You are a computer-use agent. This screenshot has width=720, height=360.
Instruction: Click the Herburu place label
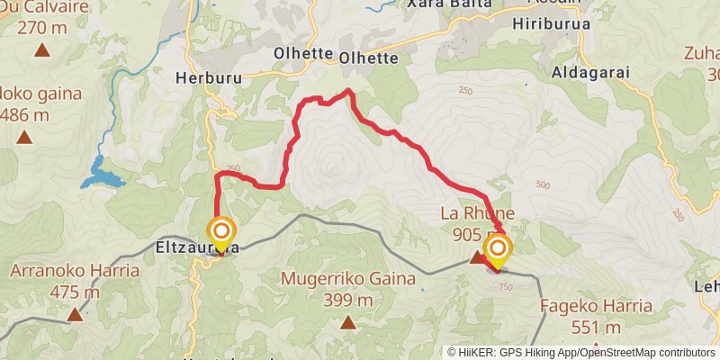pos(211,78)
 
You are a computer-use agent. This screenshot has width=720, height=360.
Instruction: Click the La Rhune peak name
pos(477,213)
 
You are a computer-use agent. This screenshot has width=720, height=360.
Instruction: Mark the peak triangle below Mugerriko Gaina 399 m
pos(347,321)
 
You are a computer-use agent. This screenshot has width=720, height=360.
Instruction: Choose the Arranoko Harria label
pos(75,271)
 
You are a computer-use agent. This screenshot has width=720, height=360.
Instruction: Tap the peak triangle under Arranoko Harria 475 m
pos(75,314)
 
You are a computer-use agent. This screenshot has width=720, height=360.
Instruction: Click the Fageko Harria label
pos(596,306)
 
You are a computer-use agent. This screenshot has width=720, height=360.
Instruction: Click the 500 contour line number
pos(543,184)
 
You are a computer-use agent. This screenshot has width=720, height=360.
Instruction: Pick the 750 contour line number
pos(504,285)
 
